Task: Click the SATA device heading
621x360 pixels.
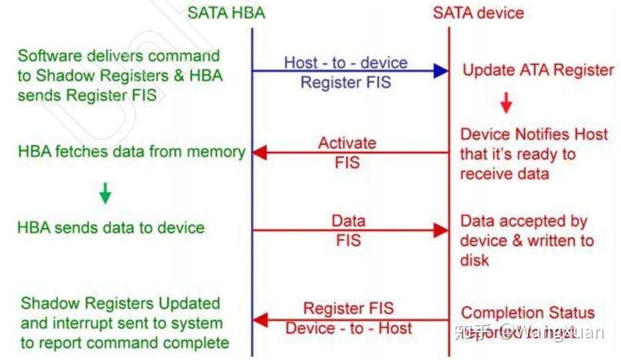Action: click(x=478, y=13)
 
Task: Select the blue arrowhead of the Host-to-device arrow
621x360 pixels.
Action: click(x=440, y=70)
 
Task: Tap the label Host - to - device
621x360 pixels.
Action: click(x=345, y=63)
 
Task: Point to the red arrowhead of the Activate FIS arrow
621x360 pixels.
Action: click(x=260, y=153)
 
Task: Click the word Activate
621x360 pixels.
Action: click(x=347, y=143)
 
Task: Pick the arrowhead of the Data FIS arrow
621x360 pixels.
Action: click(x=440, y=230)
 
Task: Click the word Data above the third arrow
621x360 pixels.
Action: click(x=348, y=221)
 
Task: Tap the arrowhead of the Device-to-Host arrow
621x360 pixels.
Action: click(x=260, y=320)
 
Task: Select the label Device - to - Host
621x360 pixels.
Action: click(x=349, y=328)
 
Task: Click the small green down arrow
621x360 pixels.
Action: click(x=105, y=193)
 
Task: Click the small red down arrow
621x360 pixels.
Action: click(x=506, y=102)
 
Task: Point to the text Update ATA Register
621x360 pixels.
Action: click(x=538, y=70)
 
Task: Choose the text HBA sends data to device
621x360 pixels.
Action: click(x=110, y=228)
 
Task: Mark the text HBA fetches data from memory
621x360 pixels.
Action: click(x=131, y=152)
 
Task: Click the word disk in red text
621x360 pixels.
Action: click(x=474, y=260)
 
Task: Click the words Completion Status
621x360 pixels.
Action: click(x=527, y=312)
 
